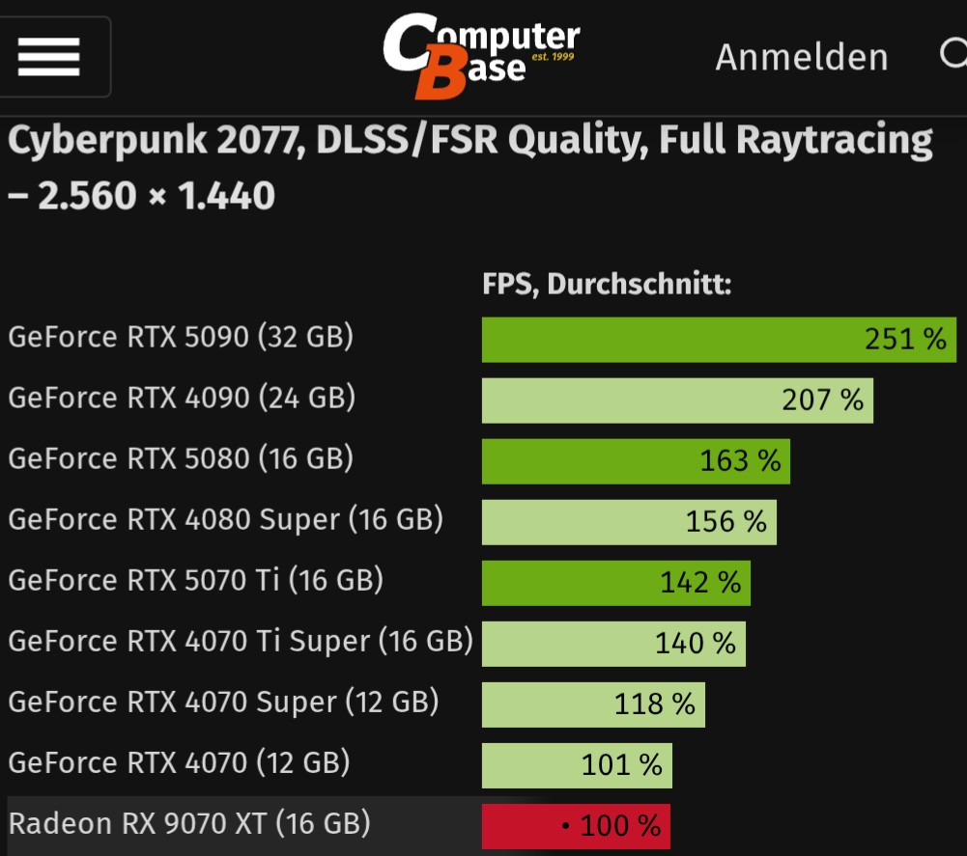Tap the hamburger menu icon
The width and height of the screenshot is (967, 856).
[x=48, y=57]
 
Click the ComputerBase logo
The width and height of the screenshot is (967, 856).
[x=480, y=55]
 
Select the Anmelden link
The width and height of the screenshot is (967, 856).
[x=801, y=57]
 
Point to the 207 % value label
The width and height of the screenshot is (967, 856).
[x=822, y=400]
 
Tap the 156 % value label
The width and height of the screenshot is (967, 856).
[x=725, y=522]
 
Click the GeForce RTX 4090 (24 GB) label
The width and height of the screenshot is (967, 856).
[x=182, y=397]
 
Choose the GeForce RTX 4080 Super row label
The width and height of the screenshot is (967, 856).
[x=225, y=519]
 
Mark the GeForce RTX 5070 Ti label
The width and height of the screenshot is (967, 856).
[x=195, y=580]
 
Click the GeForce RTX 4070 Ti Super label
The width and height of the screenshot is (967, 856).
[x=241, y=641]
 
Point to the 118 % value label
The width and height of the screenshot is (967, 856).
[x=654, y=704]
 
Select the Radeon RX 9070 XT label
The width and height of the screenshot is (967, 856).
[x=189, y=823]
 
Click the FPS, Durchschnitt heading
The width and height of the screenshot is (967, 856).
[x=607, y=285]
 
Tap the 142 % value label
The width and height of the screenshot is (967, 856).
[x=700, y=583]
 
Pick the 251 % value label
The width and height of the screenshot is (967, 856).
[x=905, y=339]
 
